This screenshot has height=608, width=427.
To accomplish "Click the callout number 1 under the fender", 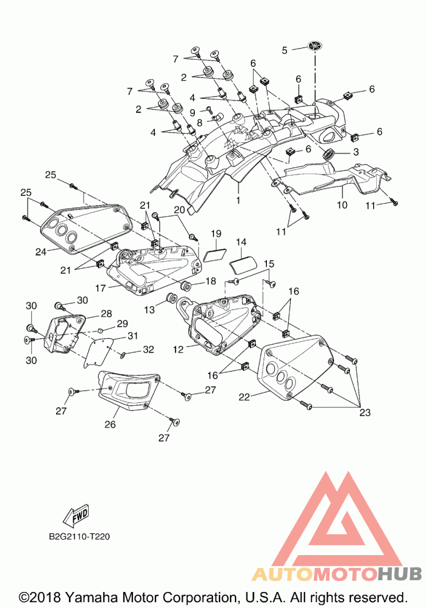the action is (238, 200).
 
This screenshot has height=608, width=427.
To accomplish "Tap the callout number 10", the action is (342, 204).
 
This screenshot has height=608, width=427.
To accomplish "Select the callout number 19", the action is (216, 233).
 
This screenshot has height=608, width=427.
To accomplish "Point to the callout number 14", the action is (241, 242).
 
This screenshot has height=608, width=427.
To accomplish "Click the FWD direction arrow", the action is (76, 516).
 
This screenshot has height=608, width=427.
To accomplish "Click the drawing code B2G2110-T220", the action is (79, 536).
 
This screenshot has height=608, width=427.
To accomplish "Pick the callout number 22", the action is (244, 397).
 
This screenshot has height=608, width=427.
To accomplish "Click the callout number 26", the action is (110, 424).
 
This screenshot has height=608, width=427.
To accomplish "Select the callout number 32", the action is (148, 349).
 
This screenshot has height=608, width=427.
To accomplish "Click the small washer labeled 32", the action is (123, 354).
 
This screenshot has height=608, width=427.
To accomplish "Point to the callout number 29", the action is (122, 323).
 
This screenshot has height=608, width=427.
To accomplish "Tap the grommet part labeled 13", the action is (171, 299).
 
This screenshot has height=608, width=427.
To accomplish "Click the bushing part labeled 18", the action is (186, 286).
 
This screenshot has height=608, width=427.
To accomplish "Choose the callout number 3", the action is (355, 152).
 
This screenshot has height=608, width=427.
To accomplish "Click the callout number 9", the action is (193, 112).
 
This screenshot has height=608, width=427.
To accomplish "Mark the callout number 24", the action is (41, 252).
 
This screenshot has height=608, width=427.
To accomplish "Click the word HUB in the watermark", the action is (399, 573).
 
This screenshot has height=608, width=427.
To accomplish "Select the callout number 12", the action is (178, 349).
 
